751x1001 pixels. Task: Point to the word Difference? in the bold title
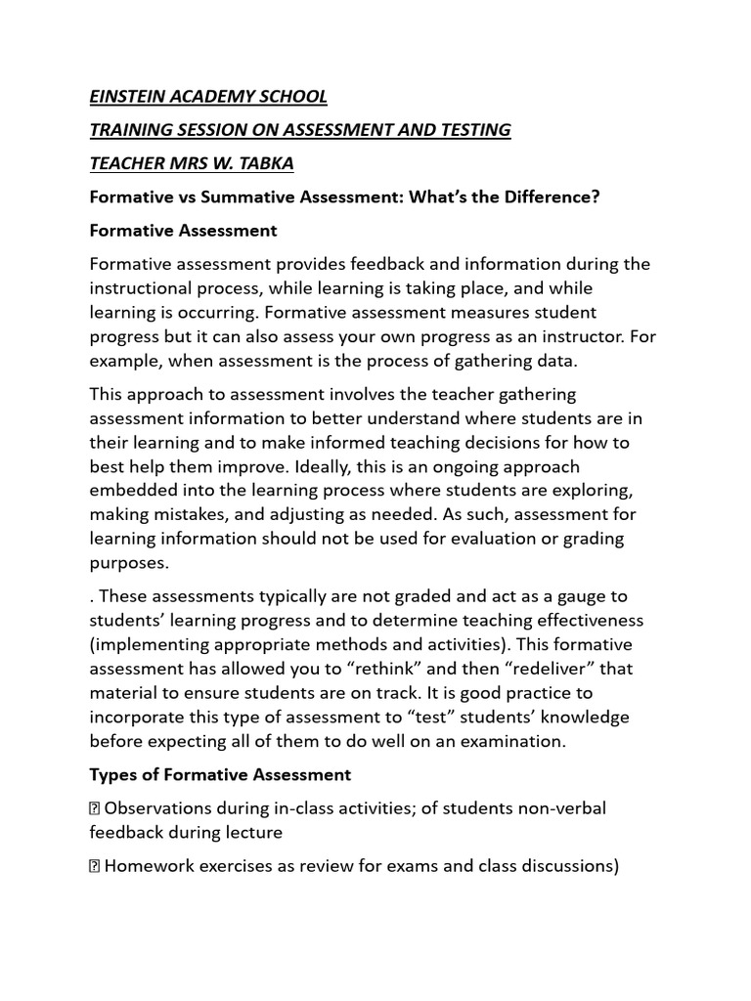(x=551, y=197)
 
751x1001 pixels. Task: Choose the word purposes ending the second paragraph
(x=127, y=563)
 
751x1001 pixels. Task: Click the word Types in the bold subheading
(x=112, y=775)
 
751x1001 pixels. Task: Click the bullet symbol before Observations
(x=95, y=808)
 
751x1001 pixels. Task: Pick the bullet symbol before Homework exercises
(x=95, y=866)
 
